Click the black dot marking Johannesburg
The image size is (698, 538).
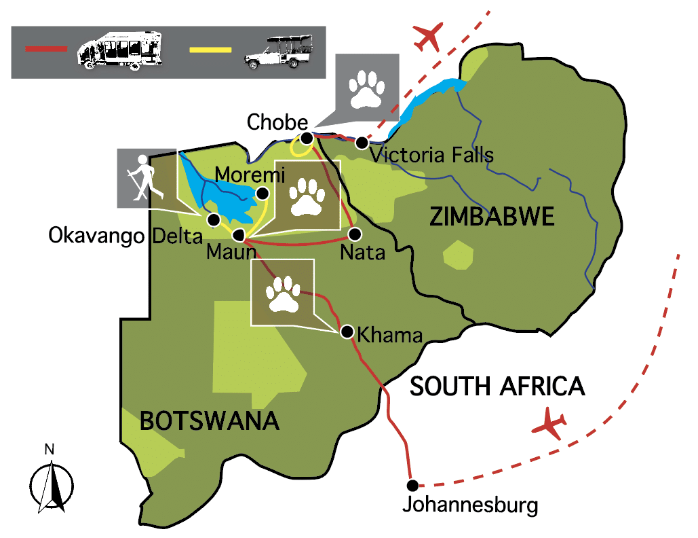pos(412,485)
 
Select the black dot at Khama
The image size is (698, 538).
pos(347,331)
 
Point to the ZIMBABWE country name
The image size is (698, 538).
pos(492,217)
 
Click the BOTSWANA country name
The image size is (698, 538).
pos(210,420)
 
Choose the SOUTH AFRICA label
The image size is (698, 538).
pos(497,386)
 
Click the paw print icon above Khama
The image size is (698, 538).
pos(283,292)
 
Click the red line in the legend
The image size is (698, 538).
pos(46,48)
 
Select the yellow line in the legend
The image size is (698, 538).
pos(210,50)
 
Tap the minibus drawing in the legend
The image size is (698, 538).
pos(119,50)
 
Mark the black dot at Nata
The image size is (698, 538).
pos(354,234)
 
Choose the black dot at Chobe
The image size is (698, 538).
pos(307,139)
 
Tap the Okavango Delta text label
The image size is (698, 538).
pos(125,237)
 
